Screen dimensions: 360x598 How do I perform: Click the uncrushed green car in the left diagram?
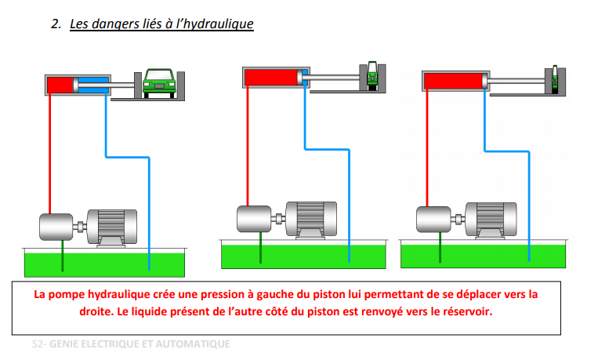click(x=159, y=81)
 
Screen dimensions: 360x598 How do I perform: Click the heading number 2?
click(x=56, y=24)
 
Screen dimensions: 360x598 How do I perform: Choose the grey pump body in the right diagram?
click(x=433, y=220)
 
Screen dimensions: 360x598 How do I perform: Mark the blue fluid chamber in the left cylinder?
click(x=93, y=85)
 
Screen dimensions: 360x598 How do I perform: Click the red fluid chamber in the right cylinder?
click(x=453, y=80)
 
